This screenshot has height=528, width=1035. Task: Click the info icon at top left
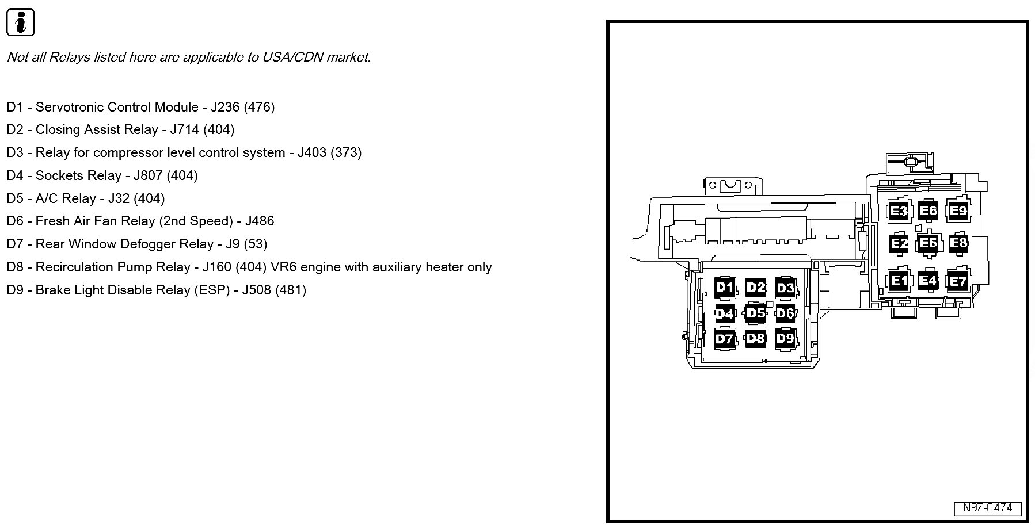[20, 23]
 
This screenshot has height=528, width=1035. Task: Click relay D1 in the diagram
[725, 287]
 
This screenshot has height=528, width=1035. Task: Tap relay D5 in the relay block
[755, 313]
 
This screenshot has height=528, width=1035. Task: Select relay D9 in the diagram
[785, 338]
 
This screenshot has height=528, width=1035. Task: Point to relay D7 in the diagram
[724, 339]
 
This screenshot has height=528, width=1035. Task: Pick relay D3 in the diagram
[785, 287]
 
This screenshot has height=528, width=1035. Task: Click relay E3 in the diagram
[899, 211]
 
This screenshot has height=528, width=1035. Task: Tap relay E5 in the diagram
[928, 243]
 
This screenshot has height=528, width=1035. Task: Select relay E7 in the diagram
[958, 281]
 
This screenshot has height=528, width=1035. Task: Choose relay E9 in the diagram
[958, 211]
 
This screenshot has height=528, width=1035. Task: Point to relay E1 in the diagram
[899, 281]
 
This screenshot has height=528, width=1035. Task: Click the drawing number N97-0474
[987, 508]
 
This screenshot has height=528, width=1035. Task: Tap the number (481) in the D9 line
[291, 290]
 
